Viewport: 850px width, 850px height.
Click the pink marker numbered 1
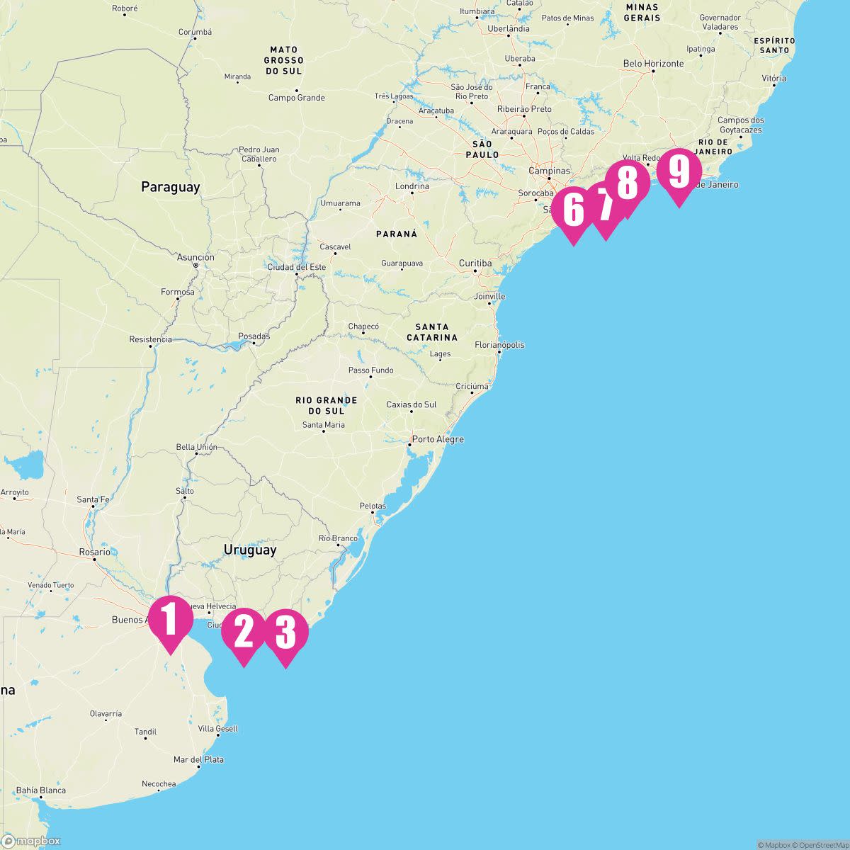tap(170, 620)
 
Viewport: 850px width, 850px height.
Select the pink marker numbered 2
tap(243, 633)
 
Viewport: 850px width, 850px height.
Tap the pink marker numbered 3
tap(285, 633)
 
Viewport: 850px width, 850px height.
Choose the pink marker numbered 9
tap(679, 172)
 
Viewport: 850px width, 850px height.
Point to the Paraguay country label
tap(170, 187)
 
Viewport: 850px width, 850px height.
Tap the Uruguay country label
tap(250, 550)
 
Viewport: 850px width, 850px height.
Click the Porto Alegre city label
tap(438, 439)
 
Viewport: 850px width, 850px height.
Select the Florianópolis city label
tap(499, 345)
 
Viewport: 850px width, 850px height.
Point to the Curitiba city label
tap(475, 263)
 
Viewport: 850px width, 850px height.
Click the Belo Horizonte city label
tap(653, 64)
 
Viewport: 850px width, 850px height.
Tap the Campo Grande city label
tap(296, 98)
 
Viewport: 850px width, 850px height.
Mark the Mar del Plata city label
tap(198, 759)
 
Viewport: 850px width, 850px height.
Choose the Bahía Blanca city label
tap(41, 790)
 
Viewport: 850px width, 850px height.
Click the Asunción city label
tap(195, 258)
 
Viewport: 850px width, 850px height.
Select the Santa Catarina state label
tap(432, 332)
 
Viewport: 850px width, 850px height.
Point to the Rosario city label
tap(94, 552)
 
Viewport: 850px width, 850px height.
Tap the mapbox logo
tap(31, 841)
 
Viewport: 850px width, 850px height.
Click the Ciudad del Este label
tap(296, 267)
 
